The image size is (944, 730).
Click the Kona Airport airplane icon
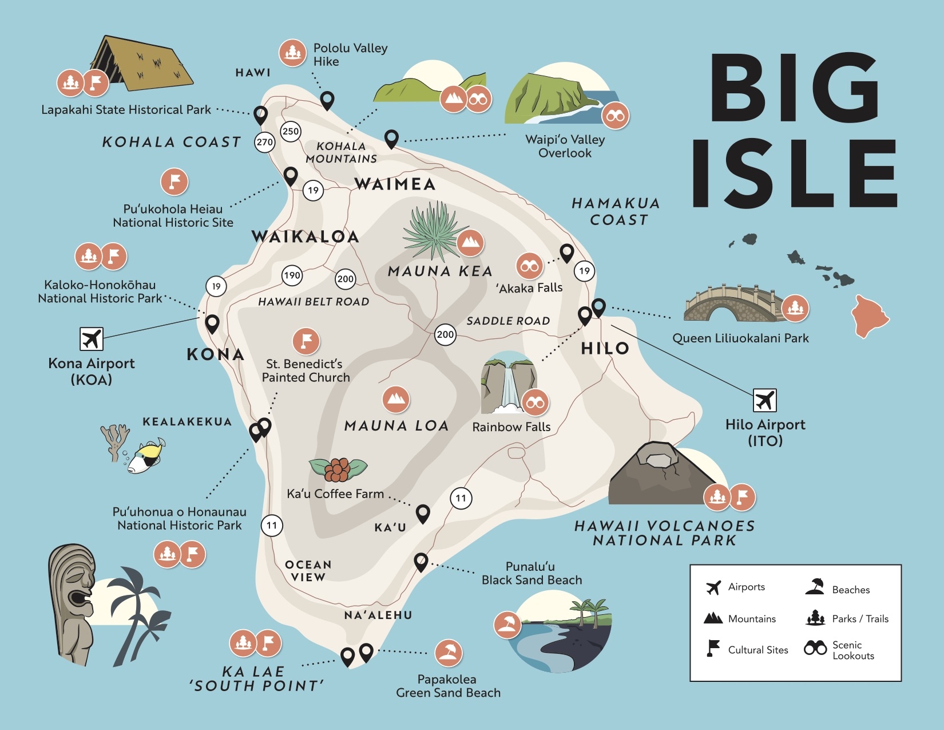click(x=92, y=339)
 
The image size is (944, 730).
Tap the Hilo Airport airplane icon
click(x=764, y=400)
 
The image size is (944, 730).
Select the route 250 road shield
click(x=291, y=131)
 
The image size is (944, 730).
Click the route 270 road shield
click(x=264, y=142)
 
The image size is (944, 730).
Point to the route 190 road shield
click(x=292, y=275)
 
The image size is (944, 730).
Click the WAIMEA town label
click(x=395, y=184)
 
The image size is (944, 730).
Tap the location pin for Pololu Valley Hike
click(x=327, y=100)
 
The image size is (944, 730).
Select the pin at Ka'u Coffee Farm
click(x=422, y=513)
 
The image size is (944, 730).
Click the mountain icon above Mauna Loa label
click(x=396, y=400)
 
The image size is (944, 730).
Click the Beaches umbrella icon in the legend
click(x=815, y=586)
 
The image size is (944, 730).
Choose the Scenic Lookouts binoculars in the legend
click(x=815, y=648)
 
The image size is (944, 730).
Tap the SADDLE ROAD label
click(x=508, y=321)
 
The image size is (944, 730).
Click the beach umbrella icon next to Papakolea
click(x=449, y=652)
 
